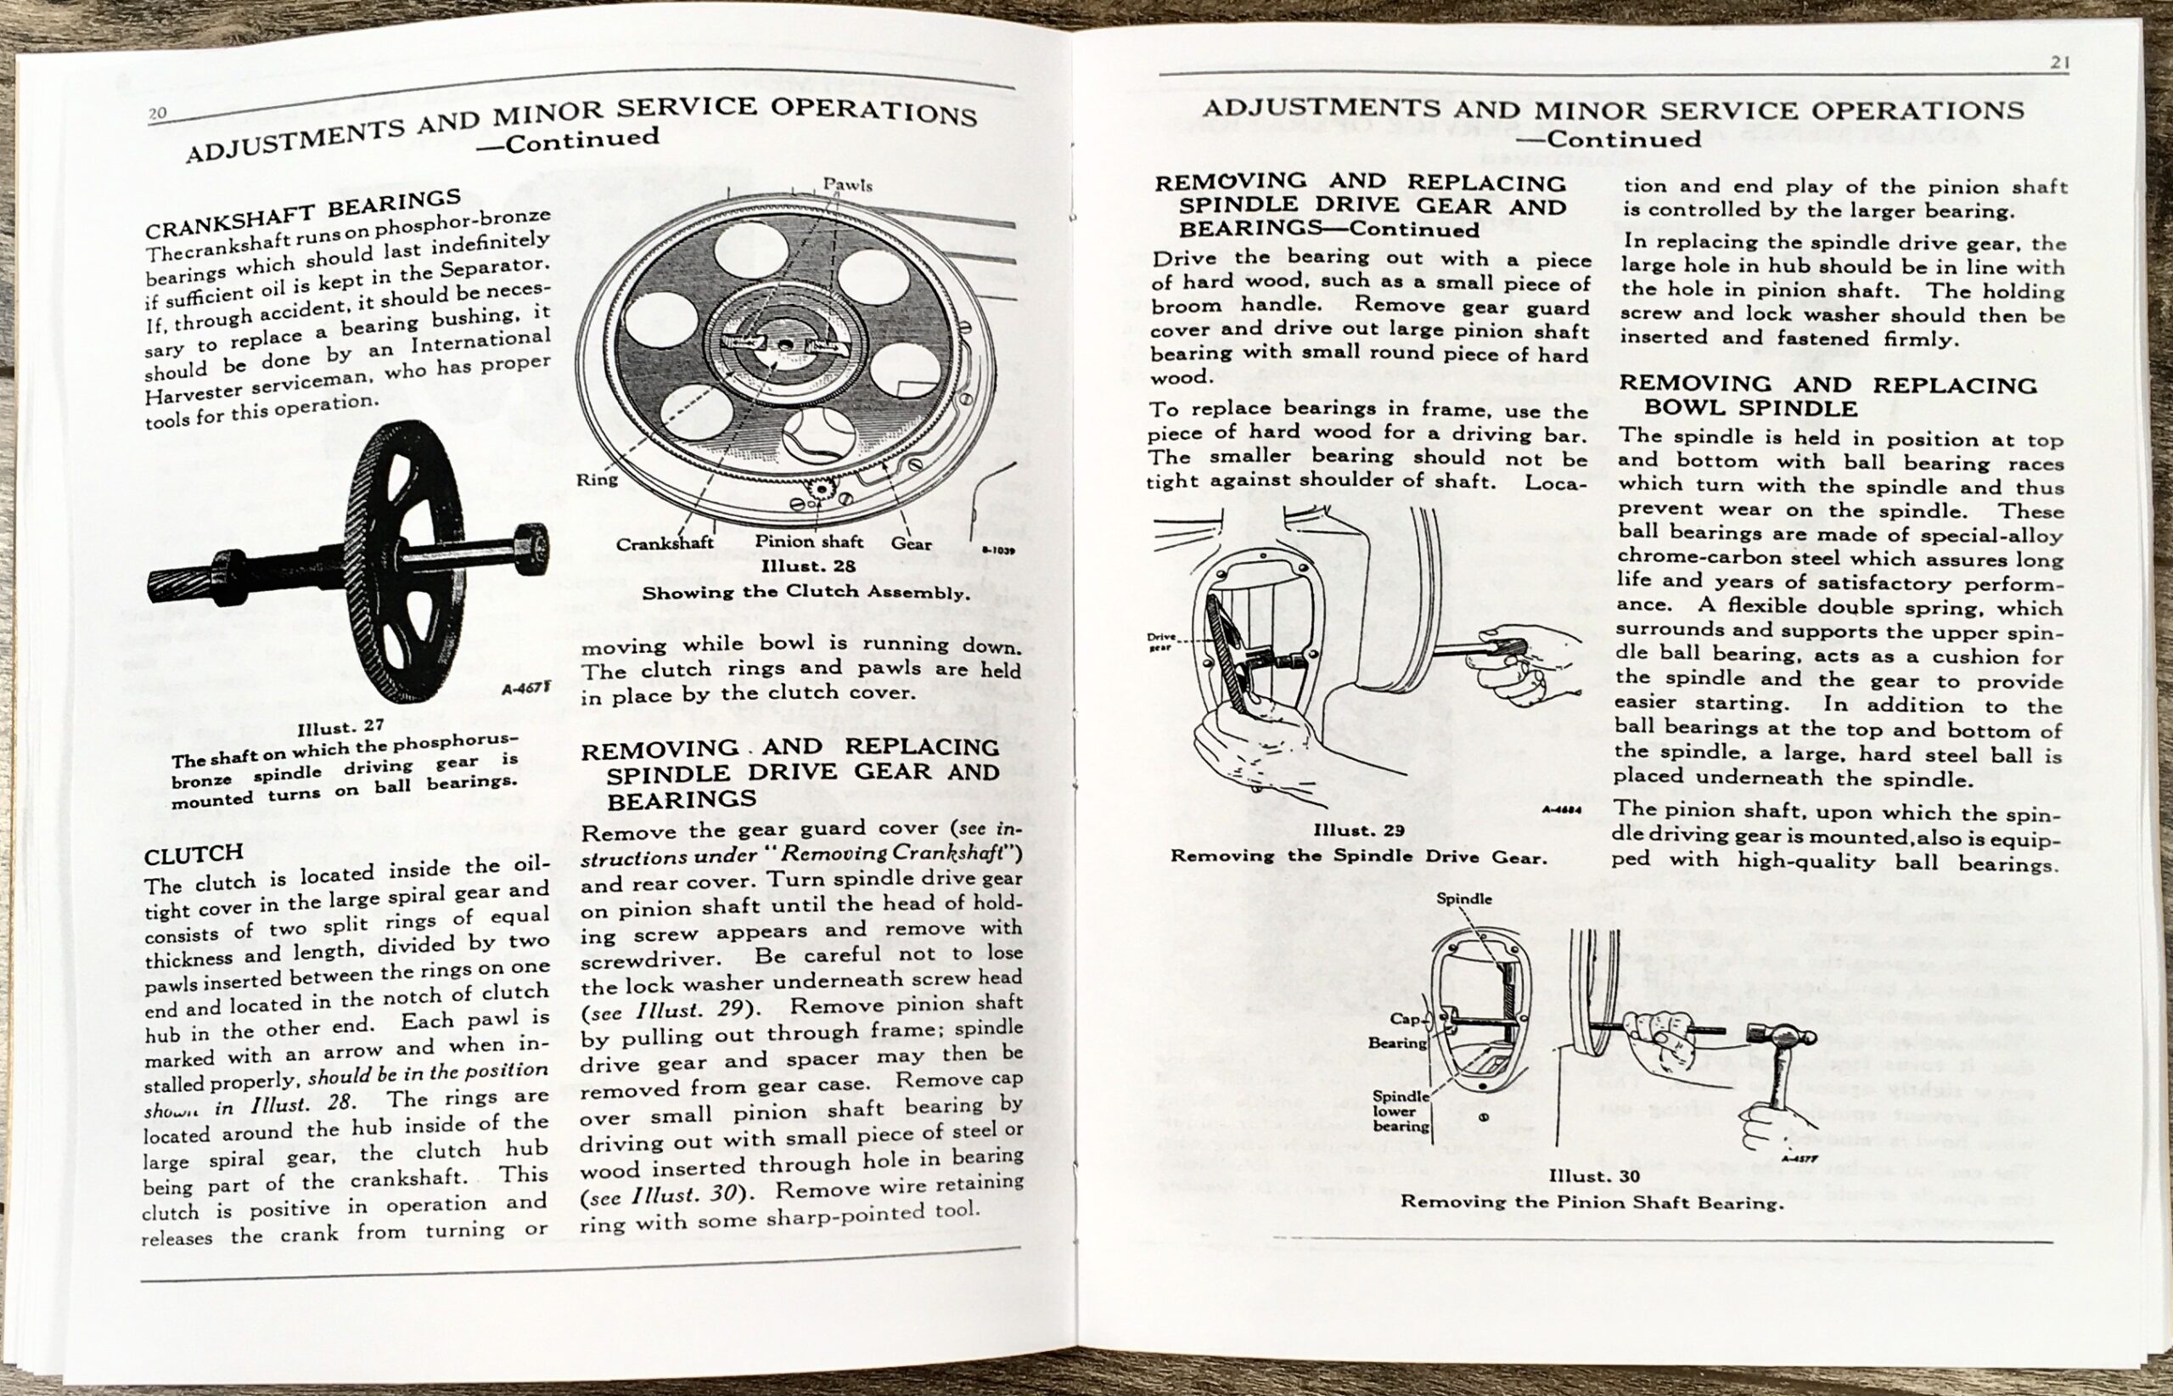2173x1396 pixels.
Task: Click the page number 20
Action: (158, 113)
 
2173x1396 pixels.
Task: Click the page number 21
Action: (2060, 62)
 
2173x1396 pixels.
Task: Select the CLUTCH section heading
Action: (193, 853)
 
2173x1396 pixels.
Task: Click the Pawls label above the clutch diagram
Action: (847, 185)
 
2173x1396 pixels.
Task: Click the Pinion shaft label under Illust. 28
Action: (809, 541)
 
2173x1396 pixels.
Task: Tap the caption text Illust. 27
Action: (340, 727)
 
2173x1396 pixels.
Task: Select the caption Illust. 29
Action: (1358, 830)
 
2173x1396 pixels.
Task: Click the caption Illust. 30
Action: (1594, 1176)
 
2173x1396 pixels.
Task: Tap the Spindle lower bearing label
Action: (1400, 1111)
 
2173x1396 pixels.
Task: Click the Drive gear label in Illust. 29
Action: (1161, 642)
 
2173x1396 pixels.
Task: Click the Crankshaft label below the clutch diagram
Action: (665, 543)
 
